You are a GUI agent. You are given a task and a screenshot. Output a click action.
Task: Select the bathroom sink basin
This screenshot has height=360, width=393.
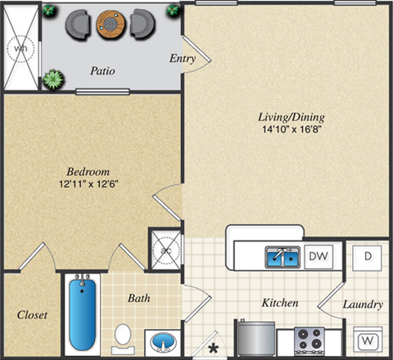[x=160, y=340]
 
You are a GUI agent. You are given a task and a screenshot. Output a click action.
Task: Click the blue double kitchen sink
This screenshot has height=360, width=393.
[x=283, y=259]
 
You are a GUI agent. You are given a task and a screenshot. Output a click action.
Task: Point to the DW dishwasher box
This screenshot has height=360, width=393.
[x=319, y=258]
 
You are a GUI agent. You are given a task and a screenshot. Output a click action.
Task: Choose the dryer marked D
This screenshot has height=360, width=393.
[x=368, y=256]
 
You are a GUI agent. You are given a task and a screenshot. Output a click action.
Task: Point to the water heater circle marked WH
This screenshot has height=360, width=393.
[x=20, y=49]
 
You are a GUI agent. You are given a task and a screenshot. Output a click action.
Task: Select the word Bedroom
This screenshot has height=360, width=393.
[x=88, y=173]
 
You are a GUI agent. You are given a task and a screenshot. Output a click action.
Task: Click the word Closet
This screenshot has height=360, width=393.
[x=30, y=314]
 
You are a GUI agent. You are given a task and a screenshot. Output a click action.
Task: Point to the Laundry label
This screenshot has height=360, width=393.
[x=363, y=304]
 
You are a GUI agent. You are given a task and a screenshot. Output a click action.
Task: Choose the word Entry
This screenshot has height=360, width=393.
[x=181, y=58]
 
